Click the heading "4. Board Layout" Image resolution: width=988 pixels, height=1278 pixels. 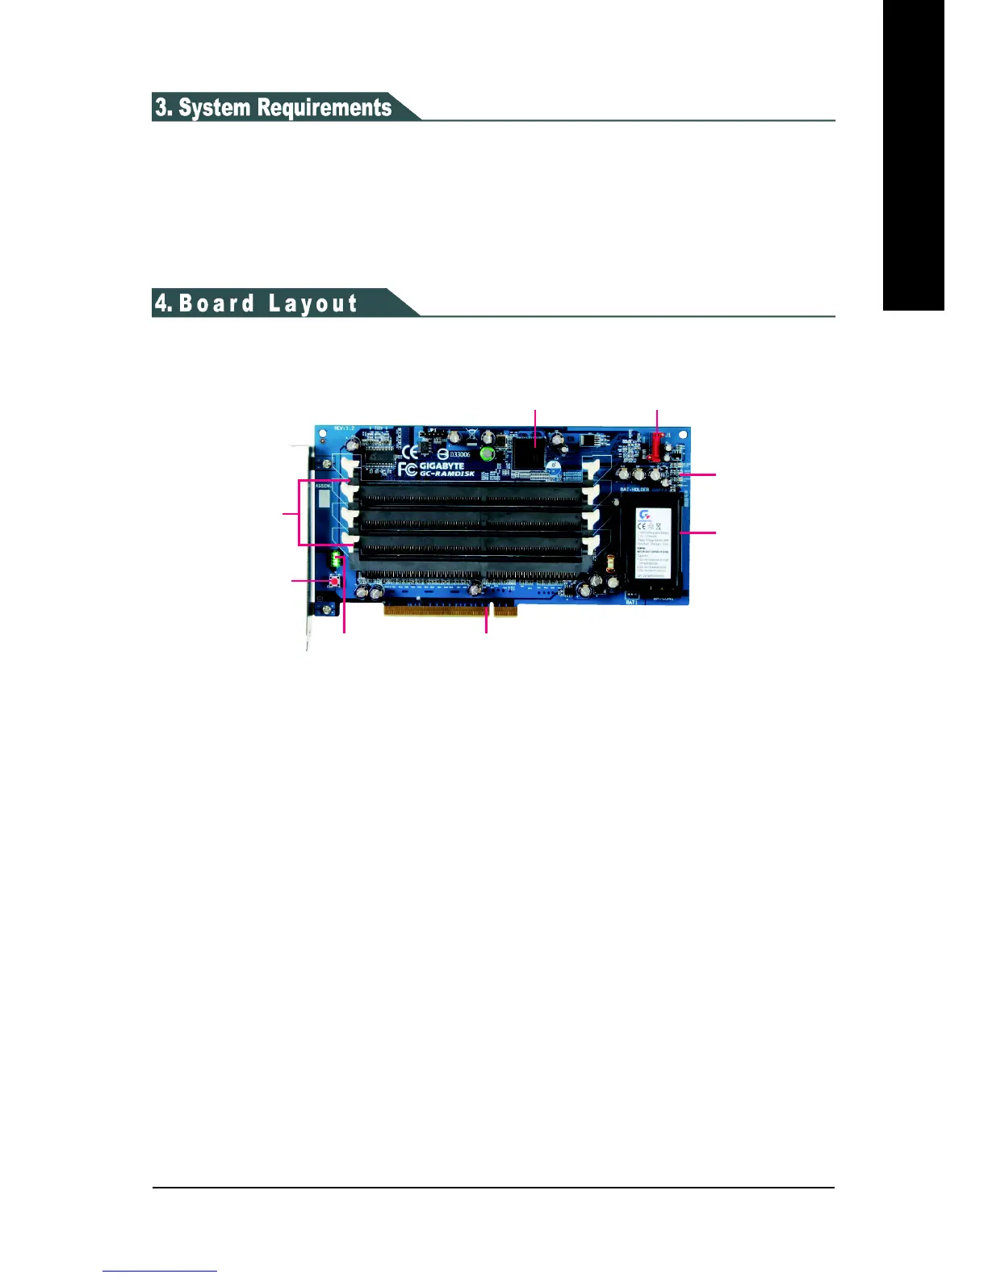257,303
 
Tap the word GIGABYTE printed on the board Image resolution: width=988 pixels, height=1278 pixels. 442,465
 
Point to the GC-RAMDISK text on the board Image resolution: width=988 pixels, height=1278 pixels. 446,474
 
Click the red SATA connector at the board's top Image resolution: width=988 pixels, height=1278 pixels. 657,446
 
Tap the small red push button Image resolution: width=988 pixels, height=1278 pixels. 334,581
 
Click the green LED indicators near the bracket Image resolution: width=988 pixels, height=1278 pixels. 335,558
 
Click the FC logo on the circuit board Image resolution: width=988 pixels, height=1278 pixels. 408,469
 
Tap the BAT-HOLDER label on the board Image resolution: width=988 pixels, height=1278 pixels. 634,489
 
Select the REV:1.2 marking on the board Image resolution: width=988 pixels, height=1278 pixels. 345,428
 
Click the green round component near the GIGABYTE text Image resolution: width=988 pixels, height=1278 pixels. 487,455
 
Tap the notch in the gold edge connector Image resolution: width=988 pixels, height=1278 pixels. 492,608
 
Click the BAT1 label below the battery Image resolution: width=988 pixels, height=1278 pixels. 632,602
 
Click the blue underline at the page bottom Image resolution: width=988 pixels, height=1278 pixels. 160,1271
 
